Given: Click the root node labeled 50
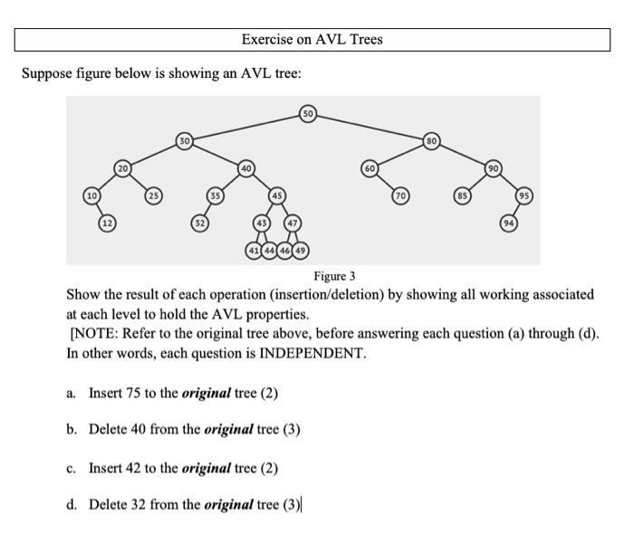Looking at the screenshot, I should tap(308, 114).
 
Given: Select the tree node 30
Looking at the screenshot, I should tap(185, 140).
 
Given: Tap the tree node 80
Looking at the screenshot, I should tap(432, 140).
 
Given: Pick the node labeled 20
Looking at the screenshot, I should tap(122, 168).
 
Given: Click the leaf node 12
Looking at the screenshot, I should tap(107, 223).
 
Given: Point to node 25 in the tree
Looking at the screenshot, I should tap(154, 195).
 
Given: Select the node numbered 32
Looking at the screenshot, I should tap(199, 223).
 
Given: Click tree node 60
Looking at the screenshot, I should tap(370, 168).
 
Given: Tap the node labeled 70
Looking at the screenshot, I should tap(399, 195).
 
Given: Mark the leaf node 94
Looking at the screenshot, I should tap(510, 223).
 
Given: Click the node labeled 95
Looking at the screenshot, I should tap(525, 195).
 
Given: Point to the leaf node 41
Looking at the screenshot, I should tap(255, 250).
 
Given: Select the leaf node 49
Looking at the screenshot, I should tap(300, 250).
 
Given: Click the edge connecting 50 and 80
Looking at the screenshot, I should tap(371, 128).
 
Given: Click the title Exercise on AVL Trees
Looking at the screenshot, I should tap(312, 40).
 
